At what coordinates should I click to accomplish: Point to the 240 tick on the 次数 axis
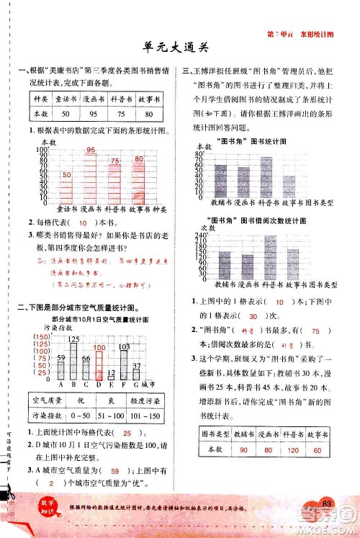(x=199, y=236)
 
